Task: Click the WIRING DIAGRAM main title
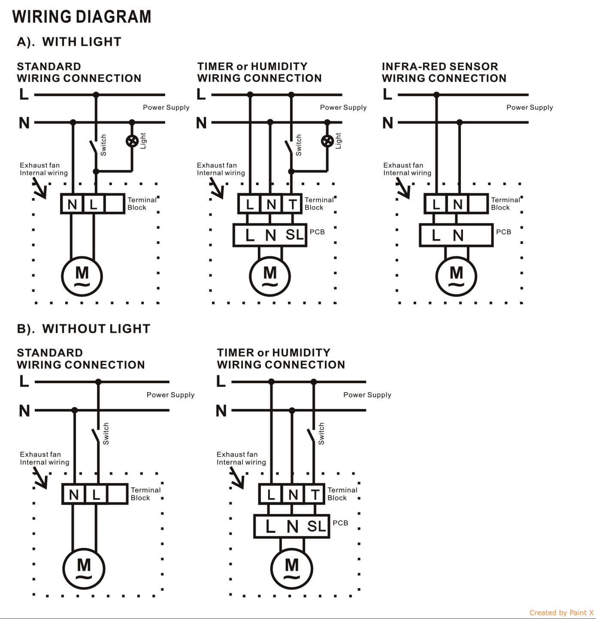(82, 17)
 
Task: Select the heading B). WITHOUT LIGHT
(83, 329)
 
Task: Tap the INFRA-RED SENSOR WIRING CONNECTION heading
(444, 72)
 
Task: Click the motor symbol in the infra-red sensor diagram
(456, 275)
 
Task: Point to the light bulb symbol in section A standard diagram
(132, 141)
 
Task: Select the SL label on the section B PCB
(317, 526)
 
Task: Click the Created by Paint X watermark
(561, 613)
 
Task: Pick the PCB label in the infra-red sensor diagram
(503, 232)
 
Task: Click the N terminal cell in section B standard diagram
(74, 495)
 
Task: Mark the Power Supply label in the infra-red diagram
(529, 107)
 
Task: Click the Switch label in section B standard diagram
(106, 433)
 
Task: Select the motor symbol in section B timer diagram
(292, 568)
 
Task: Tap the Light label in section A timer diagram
(338, 141)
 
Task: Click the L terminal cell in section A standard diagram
(94, 204)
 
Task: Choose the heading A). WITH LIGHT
(69, 42)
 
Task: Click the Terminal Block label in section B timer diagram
(342, 494)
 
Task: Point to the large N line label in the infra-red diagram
(387, 123)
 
